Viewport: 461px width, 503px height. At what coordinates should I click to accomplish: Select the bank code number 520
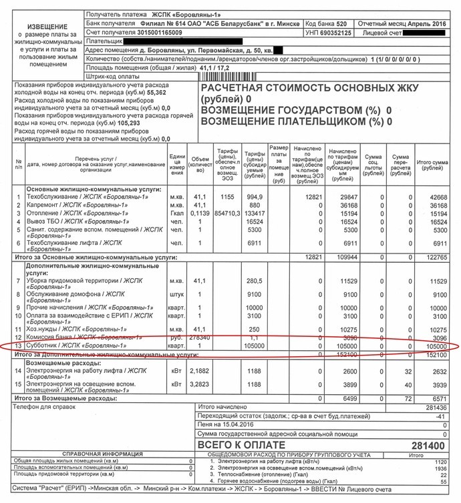(342, 23)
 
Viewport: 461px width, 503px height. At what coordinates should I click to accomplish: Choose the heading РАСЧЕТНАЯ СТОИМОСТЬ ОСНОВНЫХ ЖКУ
(310, 89)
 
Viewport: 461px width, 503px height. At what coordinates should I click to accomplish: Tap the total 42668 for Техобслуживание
(438, 197)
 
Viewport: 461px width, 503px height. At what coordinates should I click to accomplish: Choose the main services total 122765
(435, 257)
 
